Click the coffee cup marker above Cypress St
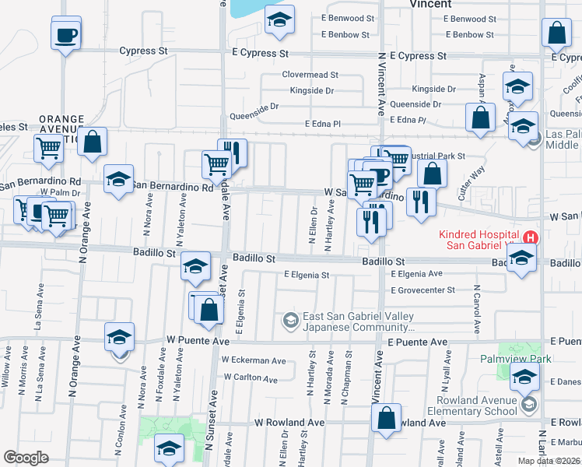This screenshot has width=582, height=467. tap(66, 33)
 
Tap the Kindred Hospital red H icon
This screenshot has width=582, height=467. tap(531, 237)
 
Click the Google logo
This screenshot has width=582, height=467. tap(26, 458)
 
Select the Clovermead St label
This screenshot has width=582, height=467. tap(310, 75)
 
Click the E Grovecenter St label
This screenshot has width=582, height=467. tap(422, 290)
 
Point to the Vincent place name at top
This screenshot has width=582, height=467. tap(430, 4)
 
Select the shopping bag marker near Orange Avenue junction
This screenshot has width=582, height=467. tap(92, 142)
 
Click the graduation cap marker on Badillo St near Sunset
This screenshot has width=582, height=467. tap(195, 266)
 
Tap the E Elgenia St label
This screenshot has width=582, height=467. tap(307, 275)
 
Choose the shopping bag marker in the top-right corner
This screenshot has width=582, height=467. tap(556, 33)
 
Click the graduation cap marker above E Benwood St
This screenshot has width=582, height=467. tap(279, 20)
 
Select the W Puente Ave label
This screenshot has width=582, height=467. tap(198, 341)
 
